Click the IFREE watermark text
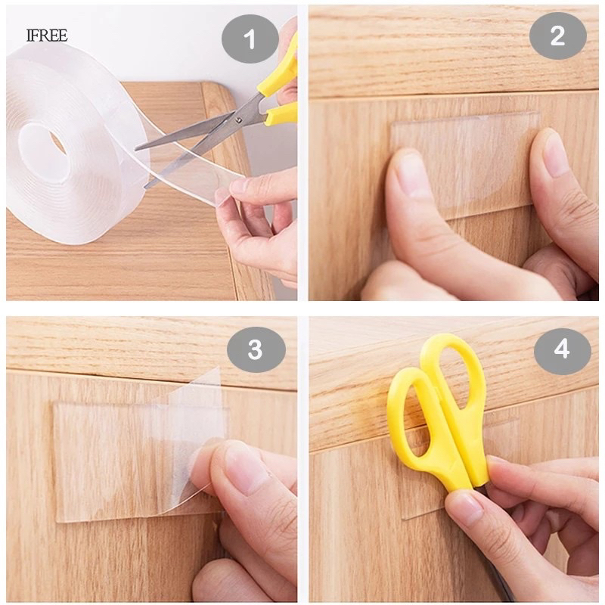point(47,36)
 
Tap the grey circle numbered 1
point(250,39)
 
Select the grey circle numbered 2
point(557,36)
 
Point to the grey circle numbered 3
point(256,349)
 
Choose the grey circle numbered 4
point(562,351)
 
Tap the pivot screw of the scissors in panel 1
point(239,120)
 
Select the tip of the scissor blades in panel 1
point(136,149)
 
